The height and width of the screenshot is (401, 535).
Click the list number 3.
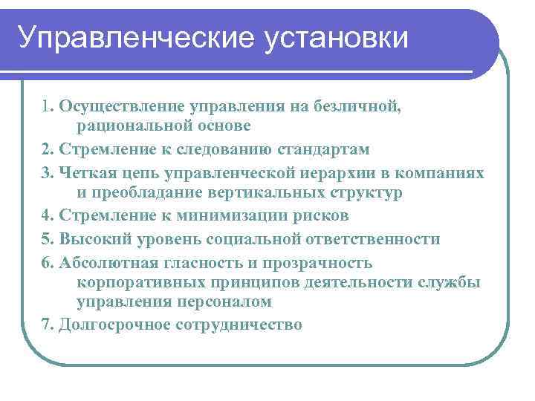(47, 172)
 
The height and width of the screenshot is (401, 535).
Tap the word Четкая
(85, 172)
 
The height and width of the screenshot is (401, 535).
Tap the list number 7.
(47, 325)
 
